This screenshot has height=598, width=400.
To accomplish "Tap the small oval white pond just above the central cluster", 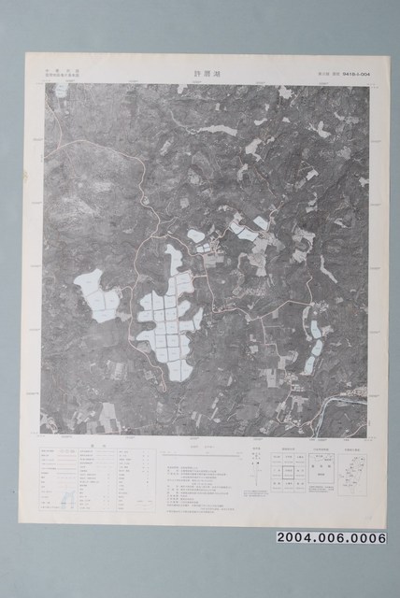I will click(x=195, y=235).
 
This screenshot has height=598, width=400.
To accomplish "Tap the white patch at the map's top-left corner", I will click(x=61, y=92).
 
